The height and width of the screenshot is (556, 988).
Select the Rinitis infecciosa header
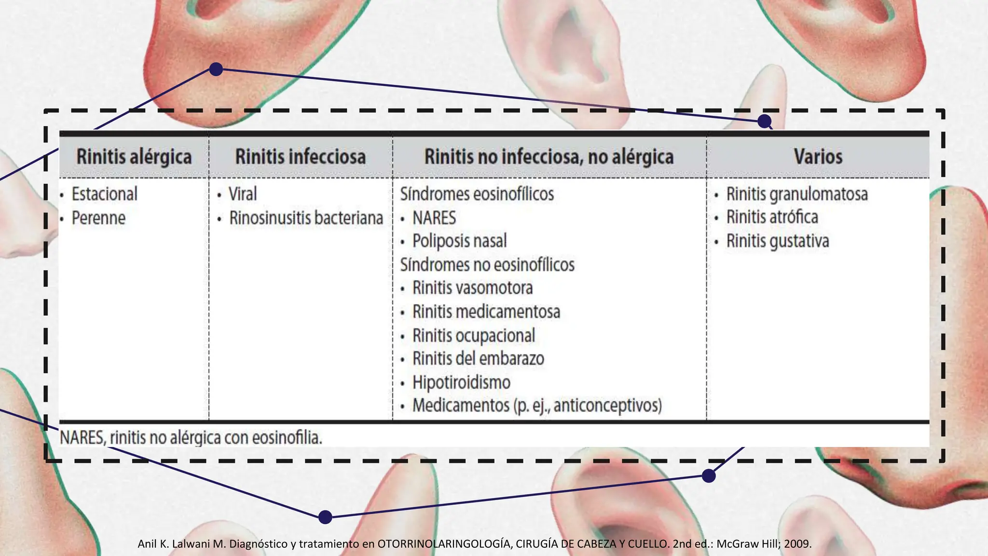pyautogui.click(x=300, y=157)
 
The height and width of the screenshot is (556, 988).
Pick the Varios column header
pyautogui.click(x=818, y=157)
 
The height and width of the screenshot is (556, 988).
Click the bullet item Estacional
pyautogui.click(x=105, y=194)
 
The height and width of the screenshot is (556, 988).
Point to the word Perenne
pyautogui.click(x=98, y=218)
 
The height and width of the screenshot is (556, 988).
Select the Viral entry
pyautogui.click(x=243, y=194)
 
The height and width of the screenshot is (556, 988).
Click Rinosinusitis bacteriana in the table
pyautogui.click(x=306, y=218)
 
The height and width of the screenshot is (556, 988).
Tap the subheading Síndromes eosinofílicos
pyautogui.click(x=477, y=194)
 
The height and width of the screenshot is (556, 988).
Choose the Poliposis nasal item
pyautogui.click(x=460, y=241)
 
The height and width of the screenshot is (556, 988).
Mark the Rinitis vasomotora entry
pyautogui.click(x=473, y=288)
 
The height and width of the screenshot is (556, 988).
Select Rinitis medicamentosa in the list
pyautogui.click(x=486, y=312)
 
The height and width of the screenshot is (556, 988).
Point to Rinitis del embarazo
pyautogui.click(x=479, y=359)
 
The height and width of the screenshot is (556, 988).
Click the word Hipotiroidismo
pyautogui.click(x=462, y=383)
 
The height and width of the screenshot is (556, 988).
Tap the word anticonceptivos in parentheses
pyautogui.click(x=605, y=405)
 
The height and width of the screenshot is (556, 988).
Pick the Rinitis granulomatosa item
pyautogui.click(x=797, y=194)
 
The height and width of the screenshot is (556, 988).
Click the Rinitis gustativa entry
pyautogui.click(x=778, y=241)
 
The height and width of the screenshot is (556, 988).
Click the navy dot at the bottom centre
pyautogui.click(x=326, y=517)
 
